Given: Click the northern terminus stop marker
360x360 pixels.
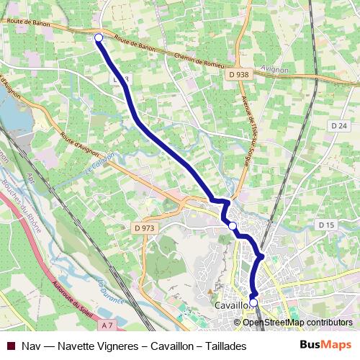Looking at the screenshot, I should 99,37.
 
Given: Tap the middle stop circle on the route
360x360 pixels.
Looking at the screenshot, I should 232,226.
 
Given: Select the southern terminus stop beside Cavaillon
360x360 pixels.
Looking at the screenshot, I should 253,302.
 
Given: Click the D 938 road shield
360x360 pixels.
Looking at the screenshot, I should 240,74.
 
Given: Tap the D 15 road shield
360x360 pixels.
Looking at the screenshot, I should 326,225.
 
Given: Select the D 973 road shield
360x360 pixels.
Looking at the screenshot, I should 145,228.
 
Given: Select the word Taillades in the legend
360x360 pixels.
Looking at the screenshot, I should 222,346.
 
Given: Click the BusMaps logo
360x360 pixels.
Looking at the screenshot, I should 325,345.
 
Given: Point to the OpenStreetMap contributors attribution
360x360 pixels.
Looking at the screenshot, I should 297,322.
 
